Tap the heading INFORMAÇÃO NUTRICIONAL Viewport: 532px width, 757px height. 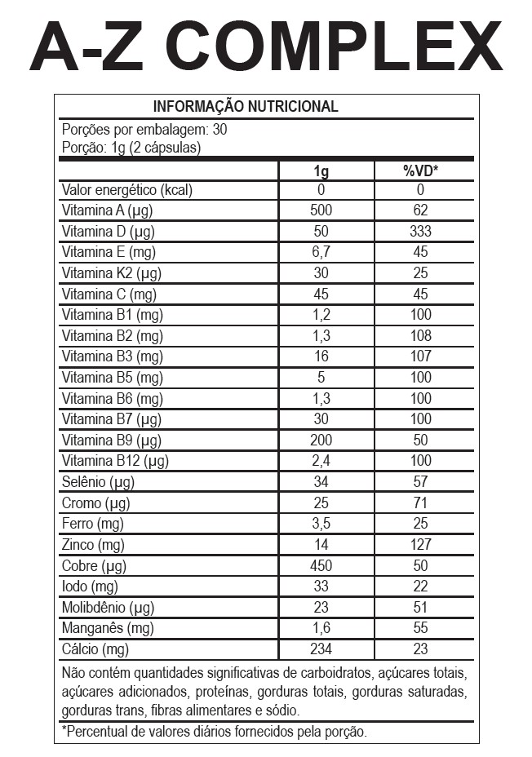246,107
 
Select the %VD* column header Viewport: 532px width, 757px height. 421,170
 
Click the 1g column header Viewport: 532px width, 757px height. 321,170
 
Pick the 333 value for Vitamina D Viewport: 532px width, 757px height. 421,232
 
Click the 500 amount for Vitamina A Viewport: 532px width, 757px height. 321,210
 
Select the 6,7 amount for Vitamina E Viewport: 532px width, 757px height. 321,252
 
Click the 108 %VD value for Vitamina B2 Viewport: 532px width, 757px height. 421,335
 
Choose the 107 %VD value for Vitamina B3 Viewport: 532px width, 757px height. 421,356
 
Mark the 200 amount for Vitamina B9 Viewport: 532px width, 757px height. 321,440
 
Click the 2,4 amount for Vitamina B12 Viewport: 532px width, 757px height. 321,461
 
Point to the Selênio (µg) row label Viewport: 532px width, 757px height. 97,482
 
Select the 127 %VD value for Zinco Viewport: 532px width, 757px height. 421,544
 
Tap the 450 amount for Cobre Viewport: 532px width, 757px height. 321,565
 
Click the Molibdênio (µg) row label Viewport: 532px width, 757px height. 108,607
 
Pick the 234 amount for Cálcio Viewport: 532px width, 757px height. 321,649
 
